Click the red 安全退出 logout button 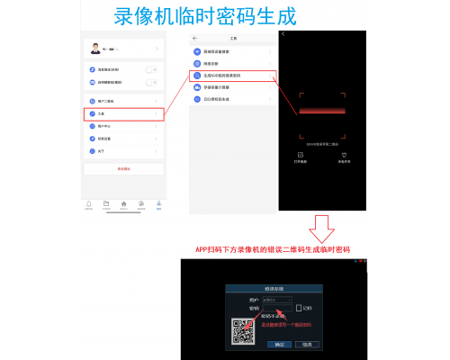[123, 168]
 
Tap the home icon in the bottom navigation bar [123, 204]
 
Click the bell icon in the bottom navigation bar [89, 204]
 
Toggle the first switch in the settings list [150, 69]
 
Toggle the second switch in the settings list [150, 81]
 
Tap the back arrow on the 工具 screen [195, 38]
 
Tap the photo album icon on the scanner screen [301, 154]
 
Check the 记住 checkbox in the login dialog [298, 308]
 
